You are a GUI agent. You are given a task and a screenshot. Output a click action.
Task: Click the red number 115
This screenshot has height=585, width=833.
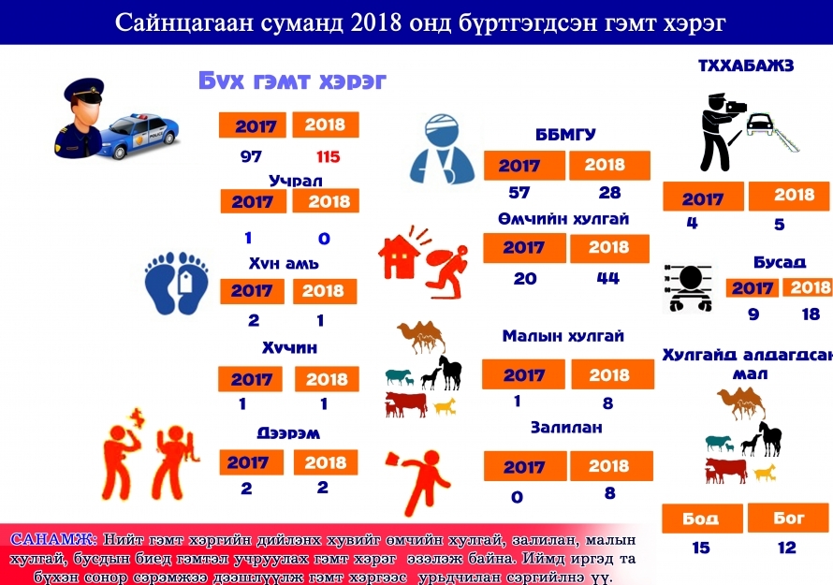(x=328, y=156)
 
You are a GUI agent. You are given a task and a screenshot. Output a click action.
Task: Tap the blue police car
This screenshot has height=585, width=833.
(x=142, y=136)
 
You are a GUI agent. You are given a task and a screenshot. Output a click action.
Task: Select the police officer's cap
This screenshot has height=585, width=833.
(x=84, y=91)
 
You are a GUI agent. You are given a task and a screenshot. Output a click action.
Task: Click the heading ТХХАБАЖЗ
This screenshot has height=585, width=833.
(x=746, y=66)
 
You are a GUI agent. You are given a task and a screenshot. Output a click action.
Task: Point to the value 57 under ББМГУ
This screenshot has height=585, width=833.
(x=519, y=192)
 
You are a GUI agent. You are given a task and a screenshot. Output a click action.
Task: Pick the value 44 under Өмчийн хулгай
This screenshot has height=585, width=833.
(x=607, y=277)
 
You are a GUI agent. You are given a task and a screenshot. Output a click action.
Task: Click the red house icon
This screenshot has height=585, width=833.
(x=399, y=256)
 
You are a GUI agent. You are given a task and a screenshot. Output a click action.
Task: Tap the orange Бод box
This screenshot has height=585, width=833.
(x=702, y=518)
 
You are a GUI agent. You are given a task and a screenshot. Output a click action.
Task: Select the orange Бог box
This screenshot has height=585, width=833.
(x=788, y=518)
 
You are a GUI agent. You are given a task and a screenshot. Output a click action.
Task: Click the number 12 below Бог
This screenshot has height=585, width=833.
(x=787, y=548)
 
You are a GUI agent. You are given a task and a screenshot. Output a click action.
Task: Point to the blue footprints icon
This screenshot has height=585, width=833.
(x=176, y=283)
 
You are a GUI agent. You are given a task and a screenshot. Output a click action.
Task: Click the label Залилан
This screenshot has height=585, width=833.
(x=566, y=427)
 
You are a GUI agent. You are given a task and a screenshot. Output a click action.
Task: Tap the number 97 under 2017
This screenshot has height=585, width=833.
(x=251, y=156)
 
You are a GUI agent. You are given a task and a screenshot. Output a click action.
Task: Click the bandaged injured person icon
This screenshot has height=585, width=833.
(x=442, y=150)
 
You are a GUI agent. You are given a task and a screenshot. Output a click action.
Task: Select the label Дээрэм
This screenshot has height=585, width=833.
(x=288, y=433)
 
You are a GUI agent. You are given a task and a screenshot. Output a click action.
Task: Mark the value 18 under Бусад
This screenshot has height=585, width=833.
(x=811, y=314)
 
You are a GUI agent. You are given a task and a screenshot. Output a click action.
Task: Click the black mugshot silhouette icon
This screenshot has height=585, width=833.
(x=689, y=287)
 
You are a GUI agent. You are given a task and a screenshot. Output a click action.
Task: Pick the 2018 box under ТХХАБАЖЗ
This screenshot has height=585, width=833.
(x=789, y=196)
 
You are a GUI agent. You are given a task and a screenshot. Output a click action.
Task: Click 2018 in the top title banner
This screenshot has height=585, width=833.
(x=375, y=22)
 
